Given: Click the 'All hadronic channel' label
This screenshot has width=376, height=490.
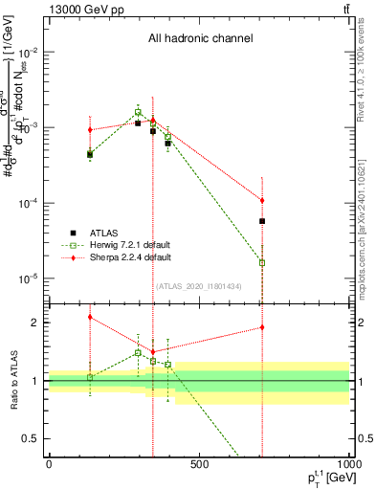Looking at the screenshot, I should click(200, 39).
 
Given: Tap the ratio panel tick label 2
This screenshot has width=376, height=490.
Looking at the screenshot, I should click(33, 323).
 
